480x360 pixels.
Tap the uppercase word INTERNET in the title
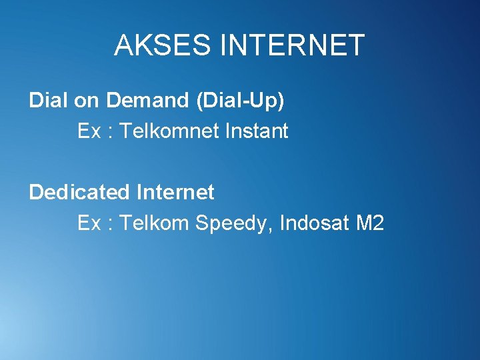click(x=292, y=45)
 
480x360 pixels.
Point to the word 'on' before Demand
click(x=86, y=101)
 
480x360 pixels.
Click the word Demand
click(x=147, y=101)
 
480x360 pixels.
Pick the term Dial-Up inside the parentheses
click(x=240, y=101)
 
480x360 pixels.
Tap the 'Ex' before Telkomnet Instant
click(x=89, y=131)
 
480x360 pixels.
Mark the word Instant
click(x=257, y=131)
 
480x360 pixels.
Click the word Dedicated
click(x=79, y=193)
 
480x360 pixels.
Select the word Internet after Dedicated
click(x=175, y=193)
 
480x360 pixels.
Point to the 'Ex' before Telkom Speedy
click(x=89, y=223)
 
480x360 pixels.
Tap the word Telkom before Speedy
click(x=154, y=223)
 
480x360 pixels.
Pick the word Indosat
click(x=315, y=223)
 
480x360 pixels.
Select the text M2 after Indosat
click(x=370, y=223)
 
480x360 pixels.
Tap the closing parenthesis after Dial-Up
click(x=281, y=101)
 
